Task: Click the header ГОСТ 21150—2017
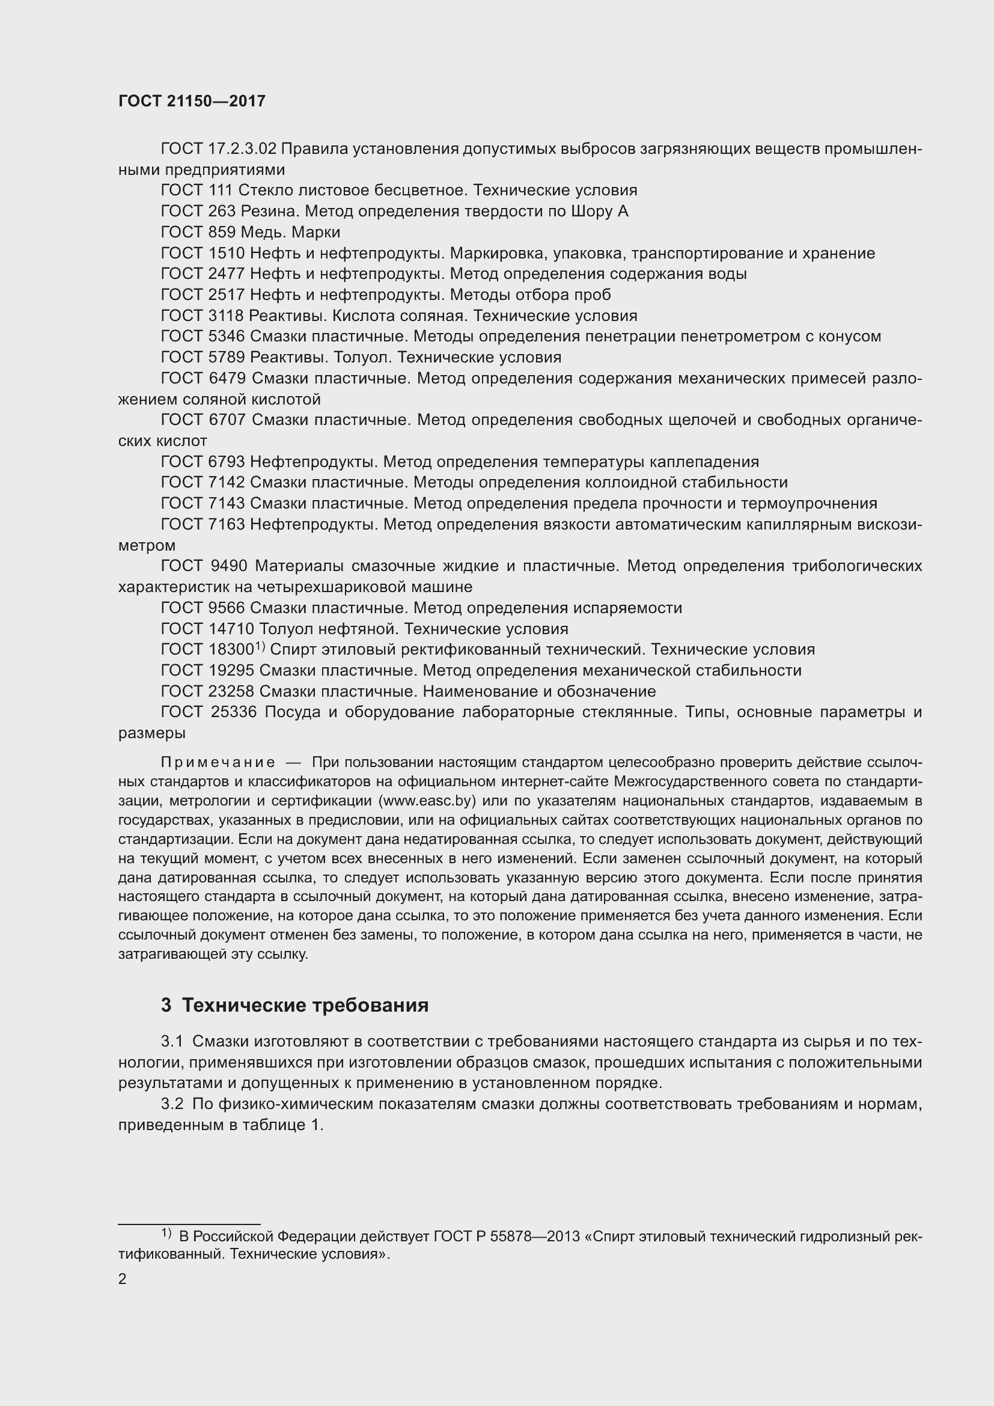tap(192, 102)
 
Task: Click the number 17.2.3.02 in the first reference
tap(241, 149)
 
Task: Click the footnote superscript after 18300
tap(260, 646)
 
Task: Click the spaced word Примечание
tap(218, 762)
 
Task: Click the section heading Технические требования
tap(305, 1005)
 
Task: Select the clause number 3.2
tap(172, 1104)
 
